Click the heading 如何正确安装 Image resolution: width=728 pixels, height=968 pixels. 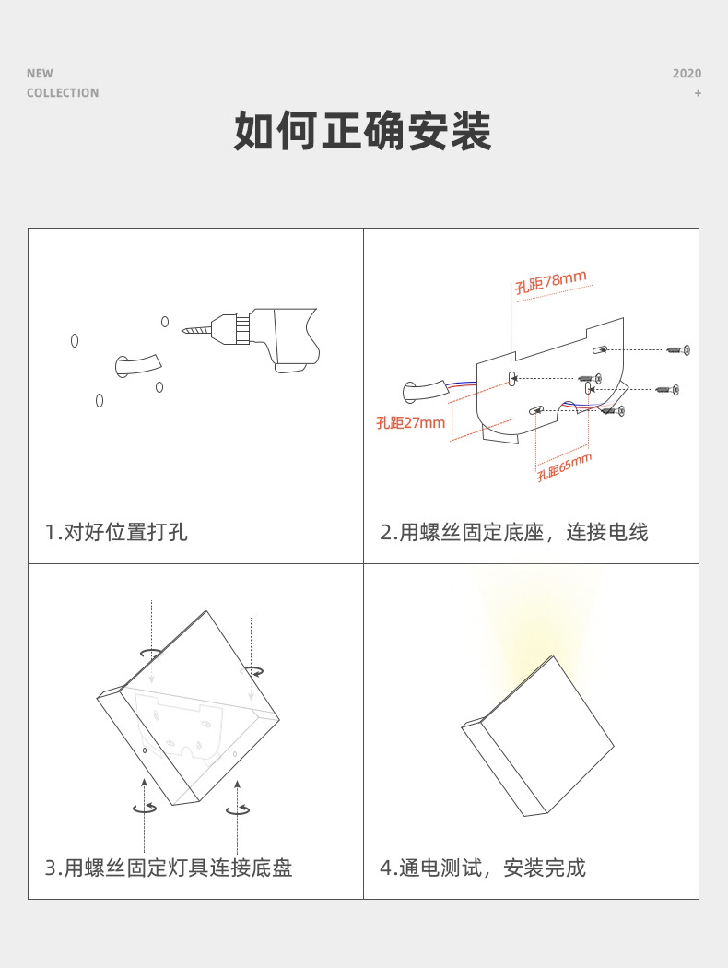(363, 131)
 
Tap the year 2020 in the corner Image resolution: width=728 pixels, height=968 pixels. (687, 74)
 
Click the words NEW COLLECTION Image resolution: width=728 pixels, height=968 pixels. (63, 83)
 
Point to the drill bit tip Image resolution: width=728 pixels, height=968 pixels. (183, 332)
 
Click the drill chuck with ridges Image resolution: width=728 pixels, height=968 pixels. (242, 327)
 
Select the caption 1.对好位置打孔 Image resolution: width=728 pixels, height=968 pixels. (116, 532)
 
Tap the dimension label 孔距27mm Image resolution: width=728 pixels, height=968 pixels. (411, 423)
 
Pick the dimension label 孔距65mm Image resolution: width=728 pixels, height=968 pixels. (564, 466)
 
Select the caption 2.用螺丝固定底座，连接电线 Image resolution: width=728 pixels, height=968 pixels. (514, 532)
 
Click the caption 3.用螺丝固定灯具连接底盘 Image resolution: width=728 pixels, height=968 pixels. (169, 868)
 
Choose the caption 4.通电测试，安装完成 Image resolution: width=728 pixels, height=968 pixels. (483, 868)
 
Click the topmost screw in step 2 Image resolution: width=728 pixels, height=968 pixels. (678, 350)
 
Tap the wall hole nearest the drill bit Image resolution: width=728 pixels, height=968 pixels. (165, 322)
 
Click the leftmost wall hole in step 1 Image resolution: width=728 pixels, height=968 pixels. (75, 340)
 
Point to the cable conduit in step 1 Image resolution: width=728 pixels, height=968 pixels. (137, 364)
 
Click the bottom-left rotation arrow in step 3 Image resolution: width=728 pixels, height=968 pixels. (145, 808)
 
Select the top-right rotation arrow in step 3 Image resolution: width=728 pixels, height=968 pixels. (252, 670)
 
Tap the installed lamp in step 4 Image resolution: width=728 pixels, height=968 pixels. (537, 736)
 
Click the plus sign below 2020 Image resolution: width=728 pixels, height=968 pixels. (698, 93)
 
